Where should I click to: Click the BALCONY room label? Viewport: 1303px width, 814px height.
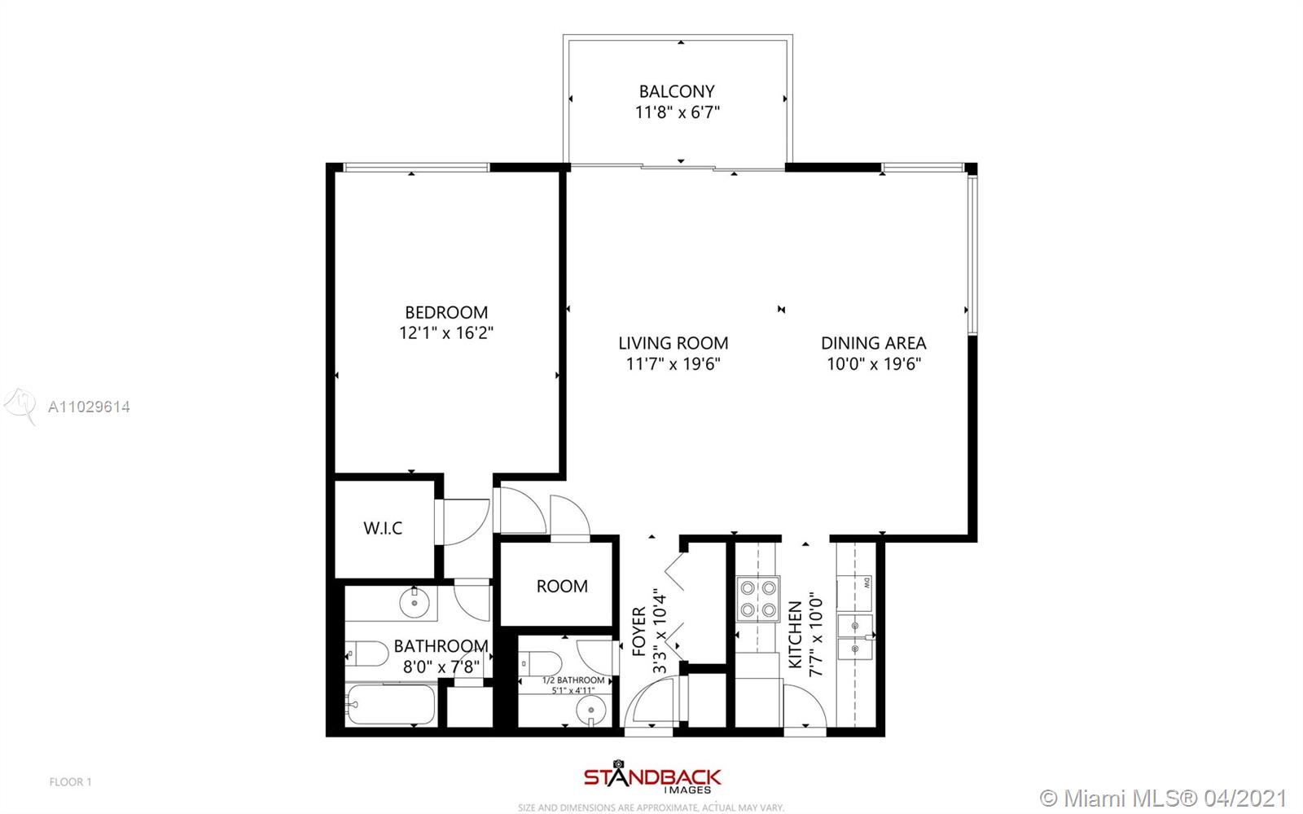click(x=677, y=91)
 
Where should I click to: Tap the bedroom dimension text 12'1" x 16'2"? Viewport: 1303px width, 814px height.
click(x=446, y=332)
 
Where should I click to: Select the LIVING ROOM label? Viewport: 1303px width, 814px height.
click(x=673, y=343)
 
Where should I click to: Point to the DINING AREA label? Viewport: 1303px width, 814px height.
click(x=874, y=343)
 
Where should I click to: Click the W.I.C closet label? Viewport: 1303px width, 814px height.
click(x=383, y=528)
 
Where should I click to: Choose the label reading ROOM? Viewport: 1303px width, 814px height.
click(x=562, y=586)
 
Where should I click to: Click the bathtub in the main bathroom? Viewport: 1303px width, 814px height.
click(x=390, y=704)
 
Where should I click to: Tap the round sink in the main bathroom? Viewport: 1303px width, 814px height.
click(x=415, y=603)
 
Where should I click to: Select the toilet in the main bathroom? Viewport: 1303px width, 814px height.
click(x=366, y=653)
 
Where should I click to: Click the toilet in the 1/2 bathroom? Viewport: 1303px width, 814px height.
click(x=541, y=663)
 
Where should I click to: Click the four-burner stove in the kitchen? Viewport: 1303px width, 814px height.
click(x=758, y=600)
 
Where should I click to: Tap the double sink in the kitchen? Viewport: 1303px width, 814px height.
click(x=855, y=637)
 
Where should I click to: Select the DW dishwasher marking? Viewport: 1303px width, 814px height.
click(x=866, y=582)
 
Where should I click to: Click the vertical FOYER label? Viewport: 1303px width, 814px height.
click(x=638, y=631)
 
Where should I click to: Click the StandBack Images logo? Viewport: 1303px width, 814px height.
click(x=652, y=777)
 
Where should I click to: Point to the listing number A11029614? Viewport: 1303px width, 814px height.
click(x=89, y=407)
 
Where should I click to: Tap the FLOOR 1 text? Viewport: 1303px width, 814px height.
click(x=70, y=782)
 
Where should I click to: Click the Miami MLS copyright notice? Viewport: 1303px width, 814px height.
click(x=1163, y=798)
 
